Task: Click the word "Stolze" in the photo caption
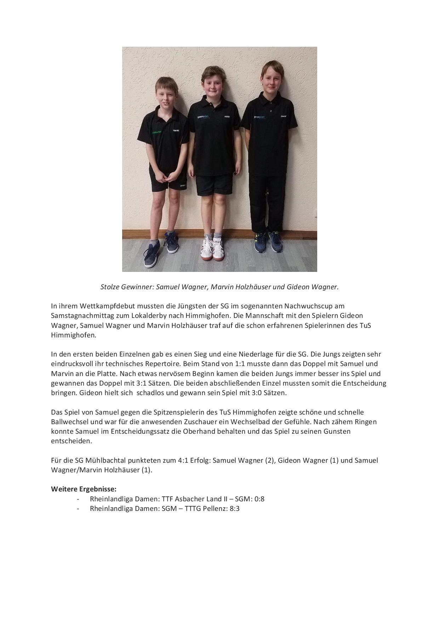click(x=110, y=287)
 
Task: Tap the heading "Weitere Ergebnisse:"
click(x=84, y=489)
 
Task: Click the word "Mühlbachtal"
click(x=102, y=460)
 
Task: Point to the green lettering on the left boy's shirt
click(x=156, y=132)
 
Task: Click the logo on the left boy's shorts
click(x=182, y=185)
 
